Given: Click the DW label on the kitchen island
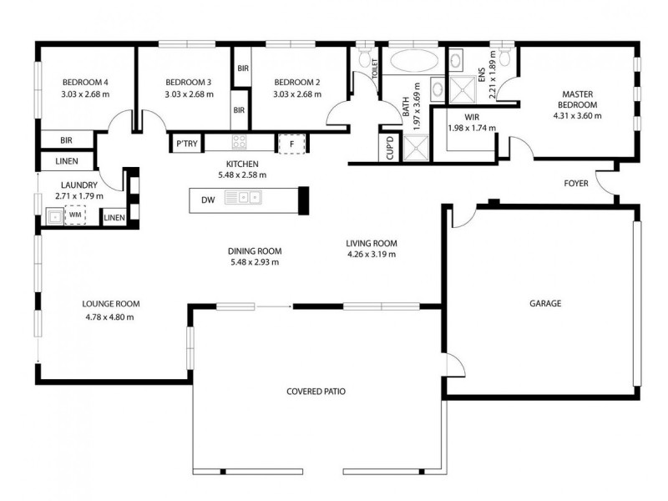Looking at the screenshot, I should pyautogui.click(x=208, y=199).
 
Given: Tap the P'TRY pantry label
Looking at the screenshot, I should pyautogui.click(x=184, y=144).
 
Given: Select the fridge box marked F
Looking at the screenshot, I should pyautogui.click(x=291, y=144).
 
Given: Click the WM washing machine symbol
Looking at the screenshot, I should pyautogui.click(x=75, y=215).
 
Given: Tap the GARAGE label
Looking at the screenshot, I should pyautogui.click(x=544, y=303).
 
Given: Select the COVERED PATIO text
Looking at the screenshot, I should pyautogui.click(x=316, y=391).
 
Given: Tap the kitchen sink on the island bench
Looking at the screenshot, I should pyautogui.click(x=250, y=199).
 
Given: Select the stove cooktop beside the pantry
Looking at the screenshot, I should pyautogui.click(x=239, y=143).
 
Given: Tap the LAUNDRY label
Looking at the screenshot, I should pyautogui.click(x=79, y=185).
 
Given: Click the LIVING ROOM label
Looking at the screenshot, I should pyautogui.click(x=371, y=243).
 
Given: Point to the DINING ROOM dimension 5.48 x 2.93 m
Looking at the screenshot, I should pyautogui.click(x=254, y=261).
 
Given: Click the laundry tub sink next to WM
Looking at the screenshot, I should pyautogui.click(x=53, y=216).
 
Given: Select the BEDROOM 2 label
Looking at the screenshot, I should pyautogui.click(x=297, y=82).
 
